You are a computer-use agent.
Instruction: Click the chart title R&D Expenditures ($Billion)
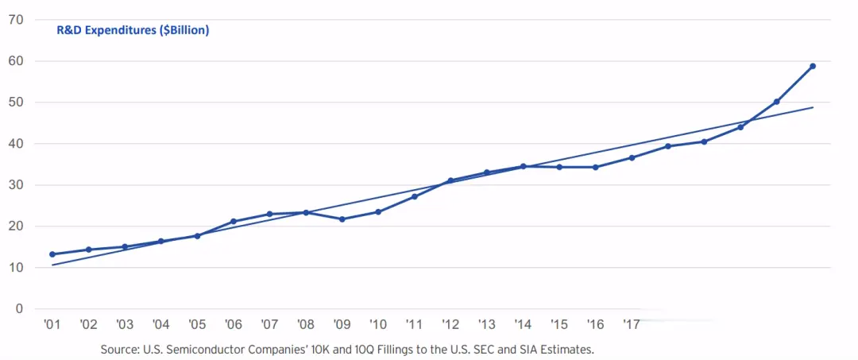click(133, 30)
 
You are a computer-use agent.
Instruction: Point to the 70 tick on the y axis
click(15, 19)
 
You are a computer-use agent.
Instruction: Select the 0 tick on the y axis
click(18, 308)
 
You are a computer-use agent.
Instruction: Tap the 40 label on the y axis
click(15, 143)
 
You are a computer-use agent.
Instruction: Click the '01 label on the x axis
click(52, 325)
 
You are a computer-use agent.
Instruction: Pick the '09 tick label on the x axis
click(342, 325)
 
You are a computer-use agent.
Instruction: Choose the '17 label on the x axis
click(632, 325)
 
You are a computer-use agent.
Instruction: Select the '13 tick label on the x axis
click(486, 325)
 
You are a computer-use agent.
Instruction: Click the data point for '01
click(52, 254)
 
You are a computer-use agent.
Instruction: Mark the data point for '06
click(233, 222)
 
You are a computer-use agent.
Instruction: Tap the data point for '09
click(342, 219)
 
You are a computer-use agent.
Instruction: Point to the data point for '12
click(450, 180)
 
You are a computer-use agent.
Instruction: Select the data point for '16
click(595, 167)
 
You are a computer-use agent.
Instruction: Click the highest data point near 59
click(813, 66)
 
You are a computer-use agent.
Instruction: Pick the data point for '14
click(523, 166)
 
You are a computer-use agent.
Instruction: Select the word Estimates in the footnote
click(566, 350)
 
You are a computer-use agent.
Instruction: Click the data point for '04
click(160, 241)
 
